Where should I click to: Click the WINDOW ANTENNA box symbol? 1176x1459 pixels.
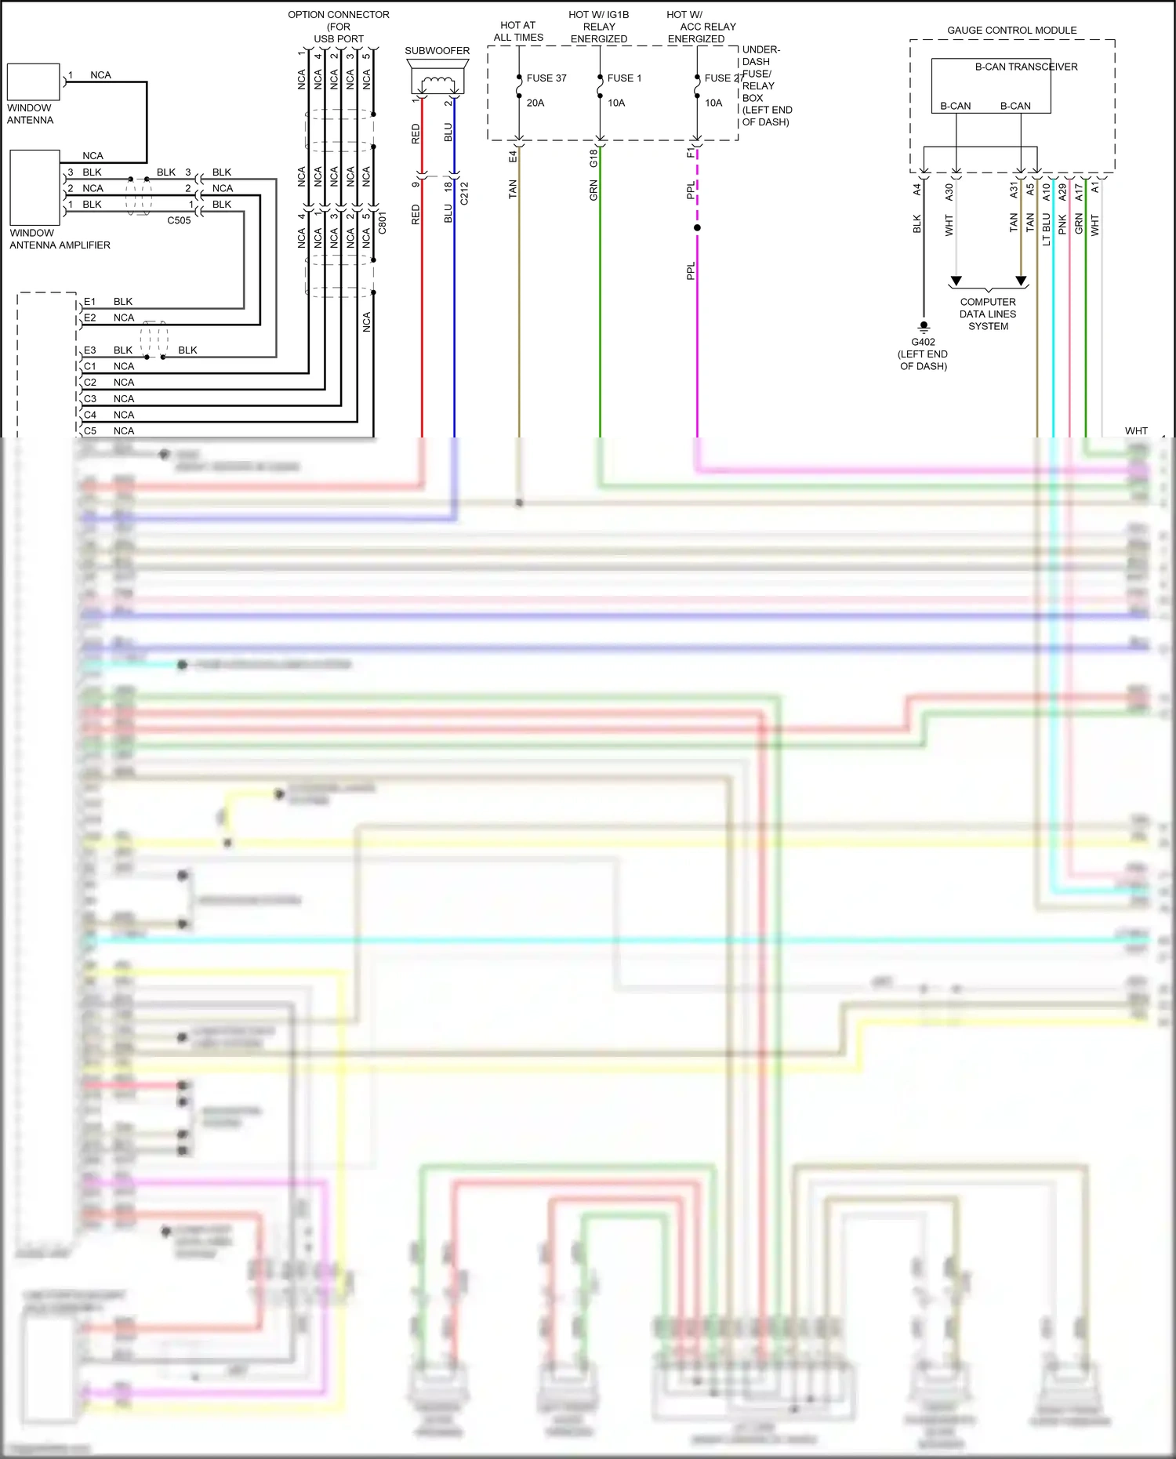tap(33, 82)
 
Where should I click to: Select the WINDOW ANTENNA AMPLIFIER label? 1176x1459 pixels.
tap(60, 239)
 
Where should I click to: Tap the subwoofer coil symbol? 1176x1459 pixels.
tap(437, 83)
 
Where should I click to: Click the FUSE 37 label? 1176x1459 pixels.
tap(546, 78)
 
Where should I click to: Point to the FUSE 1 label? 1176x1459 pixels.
tap(624, 78)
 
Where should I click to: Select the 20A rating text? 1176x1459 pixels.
tap(535, 103)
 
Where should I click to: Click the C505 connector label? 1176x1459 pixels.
tap(179, 221)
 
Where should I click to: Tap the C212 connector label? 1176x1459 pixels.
tap(464, 194)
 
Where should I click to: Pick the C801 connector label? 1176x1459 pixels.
tap(383, 223)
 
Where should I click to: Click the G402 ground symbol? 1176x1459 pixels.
tap(924, 326)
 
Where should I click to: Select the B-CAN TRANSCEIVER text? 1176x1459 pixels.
tap(1025, 67)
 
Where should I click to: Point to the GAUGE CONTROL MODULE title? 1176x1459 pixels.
tap(1011, 31)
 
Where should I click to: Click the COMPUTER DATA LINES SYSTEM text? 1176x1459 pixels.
tap(988, 314)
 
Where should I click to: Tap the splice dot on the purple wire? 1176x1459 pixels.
tap(697, 228)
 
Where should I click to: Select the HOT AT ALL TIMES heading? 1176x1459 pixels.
tap(518, 31)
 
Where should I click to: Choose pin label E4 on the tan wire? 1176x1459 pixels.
tap(513, 156)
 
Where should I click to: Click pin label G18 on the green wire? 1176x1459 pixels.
tap(593, 158)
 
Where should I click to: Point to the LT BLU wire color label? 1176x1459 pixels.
tap(1046, 229)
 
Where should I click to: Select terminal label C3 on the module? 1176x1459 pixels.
tap(90, 399)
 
